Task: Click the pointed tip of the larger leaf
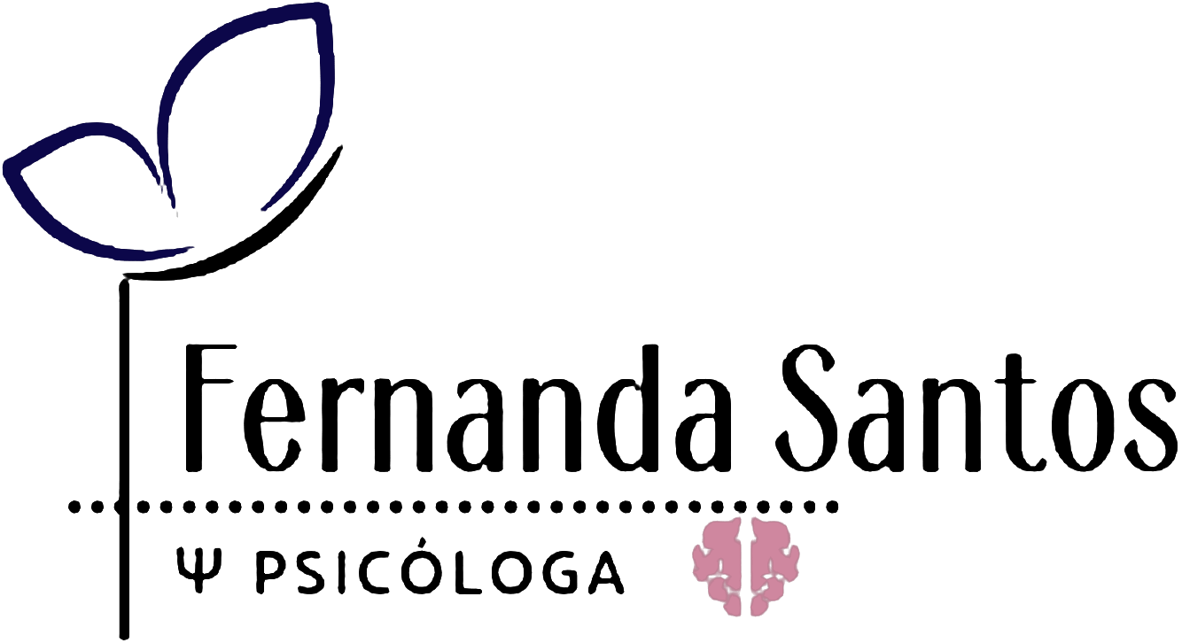(323, 9)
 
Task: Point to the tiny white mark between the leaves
(177, 213)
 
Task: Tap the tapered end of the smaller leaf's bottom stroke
(191, 249)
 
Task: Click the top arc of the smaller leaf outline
(89, 129)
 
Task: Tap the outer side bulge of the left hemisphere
(697, 562)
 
